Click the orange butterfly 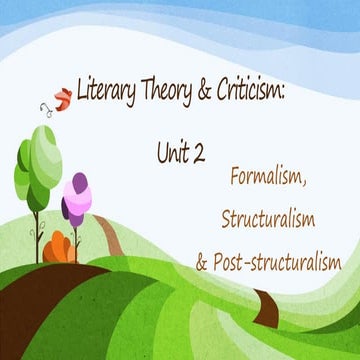coord(62,97)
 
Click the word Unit coord(171,151)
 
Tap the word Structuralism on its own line coord(276,218)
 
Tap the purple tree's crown coord(75,198)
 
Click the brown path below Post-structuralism coord(270,299)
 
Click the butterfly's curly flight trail coord(46,108)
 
